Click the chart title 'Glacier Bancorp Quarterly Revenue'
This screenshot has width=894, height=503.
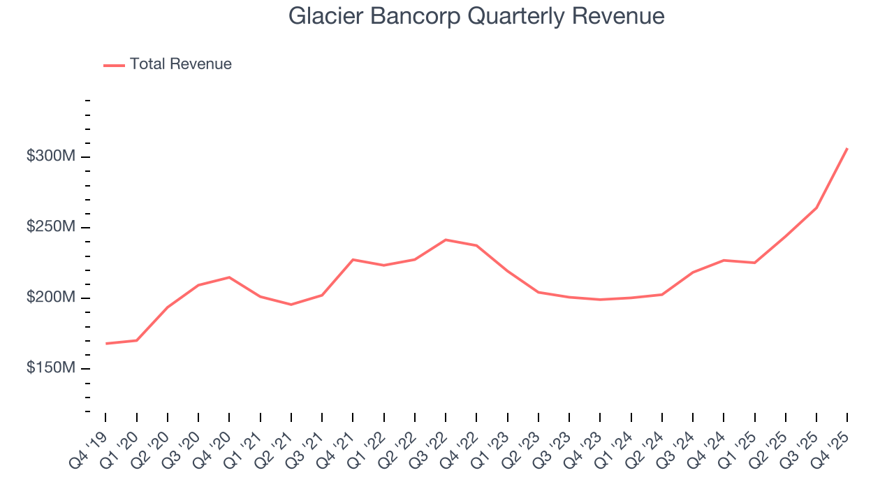tap(476, 17)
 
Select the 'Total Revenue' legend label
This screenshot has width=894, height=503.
tap(180, 64)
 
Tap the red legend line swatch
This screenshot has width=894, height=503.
tap(114, 65)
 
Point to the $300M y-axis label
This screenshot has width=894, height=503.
tap(50, 156)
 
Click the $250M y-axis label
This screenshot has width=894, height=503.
tap(50, 228)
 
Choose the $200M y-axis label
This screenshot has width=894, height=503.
tap(50, 298)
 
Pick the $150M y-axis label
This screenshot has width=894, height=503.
tap(50, 369)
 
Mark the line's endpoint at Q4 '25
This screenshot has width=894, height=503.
tap(847, 148)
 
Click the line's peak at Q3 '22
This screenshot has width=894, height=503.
tap(446, 240)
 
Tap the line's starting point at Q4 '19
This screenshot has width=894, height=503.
tap(105, 344)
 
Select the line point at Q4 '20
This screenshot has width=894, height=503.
tap(229, 277)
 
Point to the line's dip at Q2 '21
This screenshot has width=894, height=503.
tap(291, 305)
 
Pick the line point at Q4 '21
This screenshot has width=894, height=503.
tap(353, 260)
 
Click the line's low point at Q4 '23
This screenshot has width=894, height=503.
tap(600, 300)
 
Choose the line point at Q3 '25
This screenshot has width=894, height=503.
tap(816, 208)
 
